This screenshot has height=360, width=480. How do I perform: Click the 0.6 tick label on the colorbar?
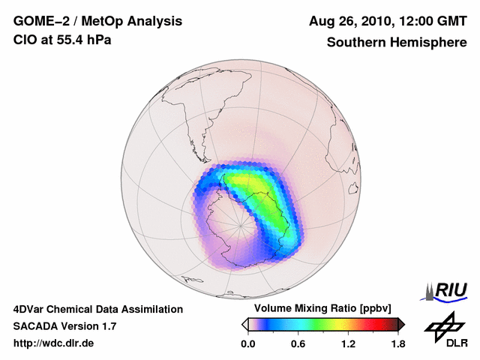tap(298, 344)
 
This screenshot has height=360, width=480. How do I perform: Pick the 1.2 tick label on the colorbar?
tap(348, 344)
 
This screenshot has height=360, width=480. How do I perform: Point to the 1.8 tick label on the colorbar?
tap(398, 344)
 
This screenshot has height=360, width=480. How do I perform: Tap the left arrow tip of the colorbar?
tap(244, 324)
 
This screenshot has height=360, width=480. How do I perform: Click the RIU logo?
tap(448, 290)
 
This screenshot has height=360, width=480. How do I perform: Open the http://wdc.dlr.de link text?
tap(53, 343)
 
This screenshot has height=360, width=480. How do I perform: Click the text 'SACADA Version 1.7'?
tap(64, 326)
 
